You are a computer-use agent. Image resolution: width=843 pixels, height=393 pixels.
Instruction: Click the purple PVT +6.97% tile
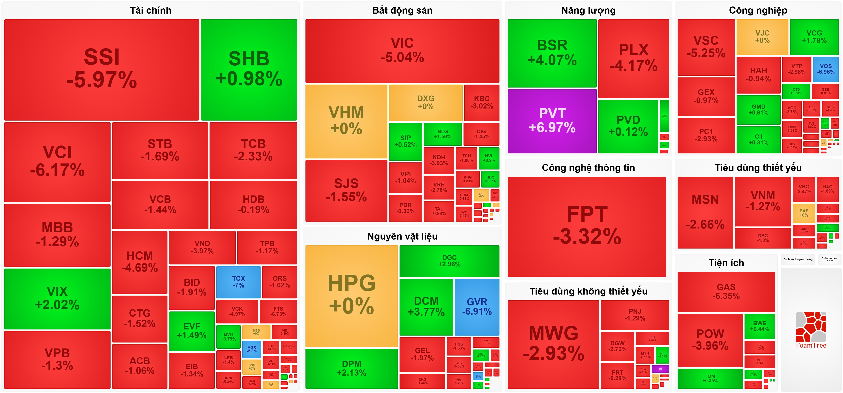552,121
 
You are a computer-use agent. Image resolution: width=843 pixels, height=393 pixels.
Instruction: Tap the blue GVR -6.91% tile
477,307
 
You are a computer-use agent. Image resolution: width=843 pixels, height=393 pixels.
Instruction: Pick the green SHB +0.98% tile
249,69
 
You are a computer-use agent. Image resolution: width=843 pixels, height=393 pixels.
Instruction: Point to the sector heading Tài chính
151,10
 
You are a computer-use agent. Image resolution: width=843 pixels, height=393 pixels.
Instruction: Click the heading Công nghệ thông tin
588,168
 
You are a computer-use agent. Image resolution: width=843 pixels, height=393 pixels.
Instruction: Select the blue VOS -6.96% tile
826,69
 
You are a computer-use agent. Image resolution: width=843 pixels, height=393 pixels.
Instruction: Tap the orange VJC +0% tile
762,37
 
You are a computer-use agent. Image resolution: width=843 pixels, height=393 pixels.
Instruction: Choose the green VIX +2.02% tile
57,298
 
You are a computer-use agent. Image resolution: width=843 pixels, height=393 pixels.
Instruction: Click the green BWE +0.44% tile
760,326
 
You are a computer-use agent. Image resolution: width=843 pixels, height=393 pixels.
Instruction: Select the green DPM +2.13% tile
351,368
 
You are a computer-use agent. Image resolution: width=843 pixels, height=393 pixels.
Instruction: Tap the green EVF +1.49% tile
192,331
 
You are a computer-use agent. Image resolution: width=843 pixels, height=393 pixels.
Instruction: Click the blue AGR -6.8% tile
252,349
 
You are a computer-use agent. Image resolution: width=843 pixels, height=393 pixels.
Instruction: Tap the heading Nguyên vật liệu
402,236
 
